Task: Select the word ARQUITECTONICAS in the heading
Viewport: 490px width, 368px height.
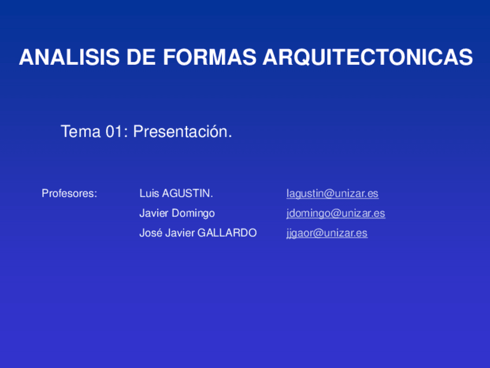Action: coord(368,58)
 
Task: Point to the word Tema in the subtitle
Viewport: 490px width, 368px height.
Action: coord(80,132)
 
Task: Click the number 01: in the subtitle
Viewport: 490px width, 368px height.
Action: coord(117,132)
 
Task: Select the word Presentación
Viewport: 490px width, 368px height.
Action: coord(183,132)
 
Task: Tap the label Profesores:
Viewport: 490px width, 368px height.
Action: coord(69,193)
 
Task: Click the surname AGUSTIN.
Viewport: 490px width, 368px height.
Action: coord(188,193)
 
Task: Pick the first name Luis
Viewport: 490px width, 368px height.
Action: coord(149,193)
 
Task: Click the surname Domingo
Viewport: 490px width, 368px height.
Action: coord(193,213)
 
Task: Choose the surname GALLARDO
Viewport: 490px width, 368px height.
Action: coord(227,233)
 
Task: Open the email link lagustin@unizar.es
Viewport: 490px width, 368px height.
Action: coord(332,193)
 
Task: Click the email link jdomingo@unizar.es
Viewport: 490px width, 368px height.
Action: coord(336,213)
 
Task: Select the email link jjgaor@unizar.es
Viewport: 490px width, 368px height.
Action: coord(326,233)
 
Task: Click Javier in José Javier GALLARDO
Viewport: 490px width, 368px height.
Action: coord(180,233)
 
